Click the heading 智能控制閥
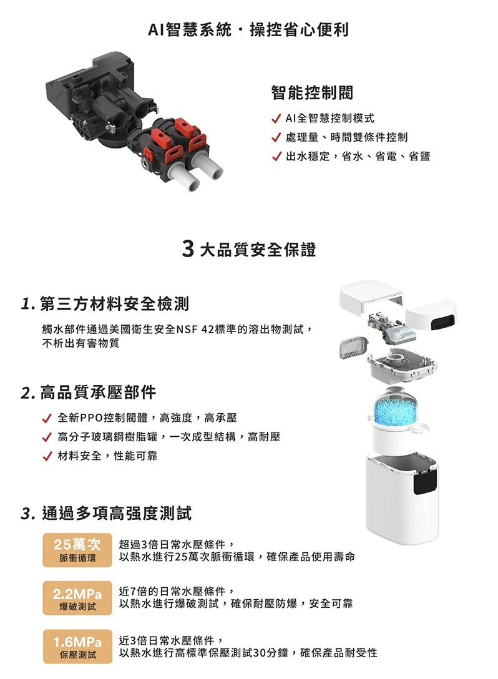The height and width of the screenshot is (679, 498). tap(312, 92)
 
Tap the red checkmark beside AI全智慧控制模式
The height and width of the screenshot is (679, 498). tap(276, 118)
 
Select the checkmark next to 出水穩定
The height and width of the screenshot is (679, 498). tap(276, 156)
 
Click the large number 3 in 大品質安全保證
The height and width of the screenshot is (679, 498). tap(188, 250)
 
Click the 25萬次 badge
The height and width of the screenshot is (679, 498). tap(77, 550)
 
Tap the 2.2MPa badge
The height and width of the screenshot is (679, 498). tap(77, 598)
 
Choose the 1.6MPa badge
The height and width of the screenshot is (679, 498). tap(77, 646)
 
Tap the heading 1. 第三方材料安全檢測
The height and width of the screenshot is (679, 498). tap(105, 303)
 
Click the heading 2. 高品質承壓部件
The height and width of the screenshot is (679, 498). tap(89, 393)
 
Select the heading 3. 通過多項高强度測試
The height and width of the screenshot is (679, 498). tap(106, 513)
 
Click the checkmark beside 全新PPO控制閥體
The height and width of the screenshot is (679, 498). tap(47, 418)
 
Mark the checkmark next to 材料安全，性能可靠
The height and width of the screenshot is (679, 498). tap(47, 456)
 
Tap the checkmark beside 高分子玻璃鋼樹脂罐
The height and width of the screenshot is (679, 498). tap(47, 437)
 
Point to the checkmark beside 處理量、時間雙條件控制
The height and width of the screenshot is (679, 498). tap(276, 137)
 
